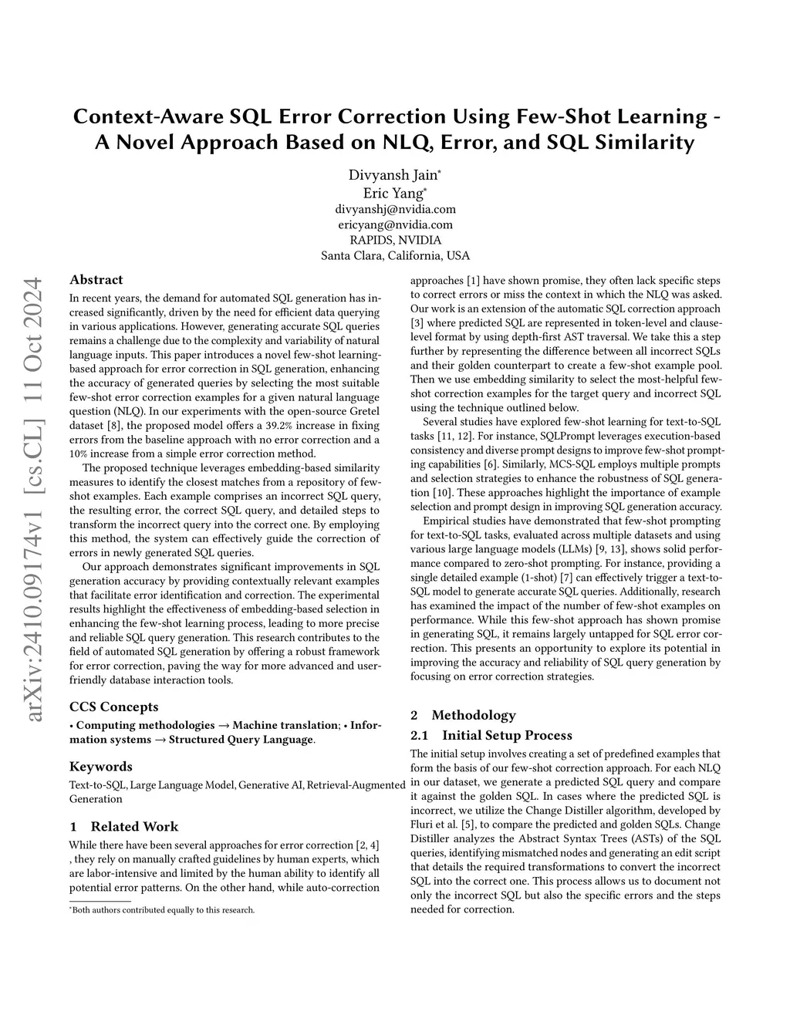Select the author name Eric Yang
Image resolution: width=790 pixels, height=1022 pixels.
(393, 194)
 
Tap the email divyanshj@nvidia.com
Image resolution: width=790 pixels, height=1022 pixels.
(395, 209)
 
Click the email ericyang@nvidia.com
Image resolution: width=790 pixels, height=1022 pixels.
(395, 224)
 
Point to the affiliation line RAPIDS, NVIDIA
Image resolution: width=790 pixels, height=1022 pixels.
(395, 240)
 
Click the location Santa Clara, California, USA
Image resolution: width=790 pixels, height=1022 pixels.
(395, 255)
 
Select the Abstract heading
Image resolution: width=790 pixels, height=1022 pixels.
(96, 280)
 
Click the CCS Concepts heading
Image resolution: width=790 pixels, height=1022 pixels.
(113, 707)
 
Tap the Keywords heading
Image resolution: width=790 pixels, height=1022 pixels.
(100, 766)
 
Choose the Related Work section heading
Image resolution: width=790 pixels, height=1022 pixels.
(123, 826)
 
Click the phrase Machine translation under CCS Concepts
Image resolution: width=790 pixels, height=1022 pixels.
(285, 725)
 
